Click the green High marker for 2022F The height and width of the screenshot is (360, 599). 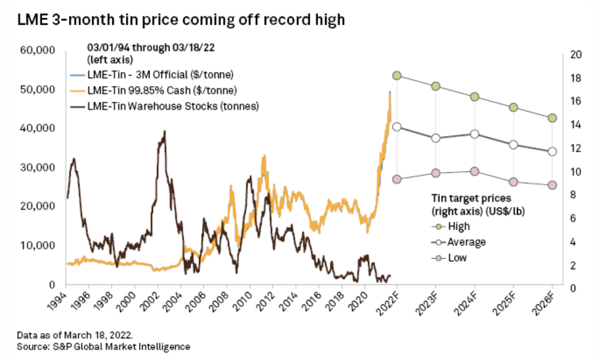point(396,76)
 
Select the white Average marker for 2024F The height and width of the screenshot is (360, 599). point(474,134)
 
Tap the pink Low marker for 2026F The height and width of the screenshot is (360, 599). point(552,185)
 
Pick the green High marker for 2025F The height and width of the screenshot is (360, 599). point(514,107)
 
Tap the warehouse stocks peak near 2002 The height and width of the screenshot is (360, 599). point(164,131)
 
